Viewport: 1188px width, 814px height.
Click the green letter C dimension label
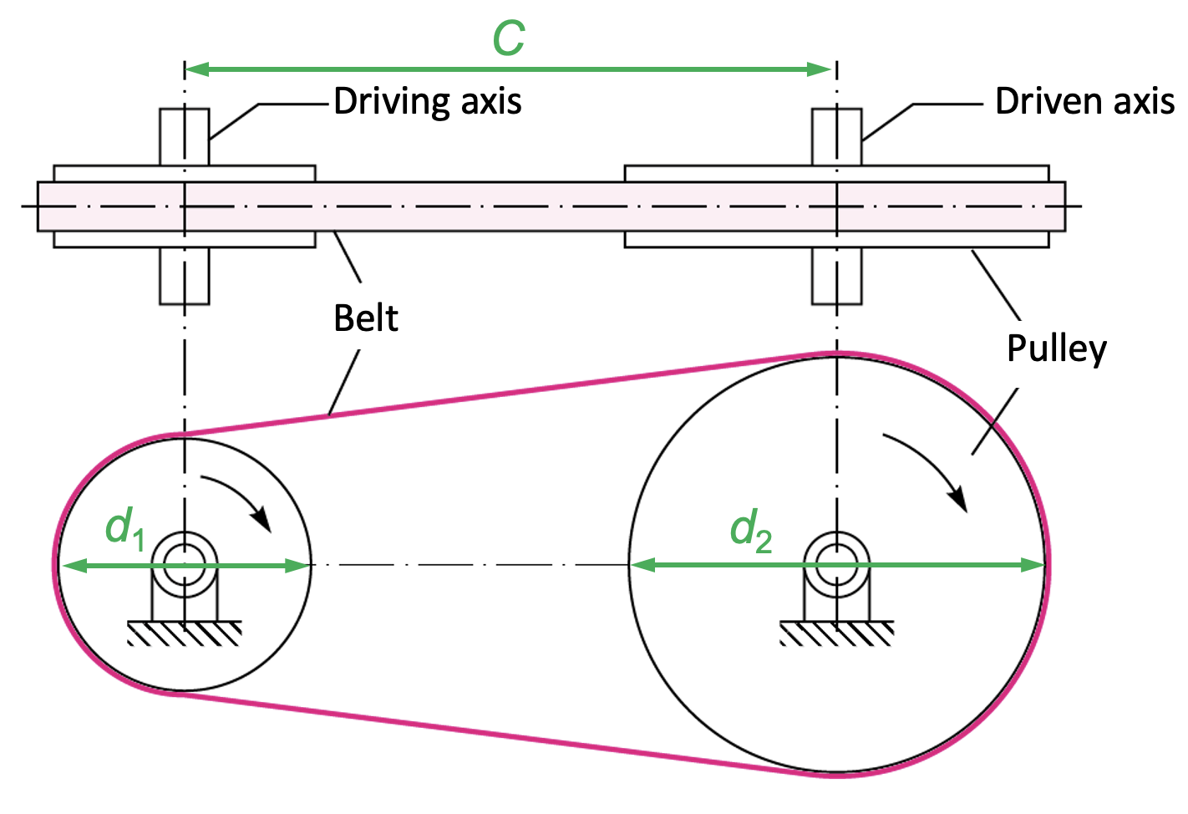tap(509, 38)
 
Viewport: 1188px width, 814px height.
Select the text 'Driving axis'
tap(428, 102)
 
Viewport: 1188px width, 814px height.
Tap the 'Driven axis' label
tap(1084, 102)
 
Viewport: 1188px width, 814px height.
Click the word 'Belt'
tap(366, 318)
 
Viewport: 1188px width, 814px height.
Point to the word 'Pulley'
tap(1057, 348)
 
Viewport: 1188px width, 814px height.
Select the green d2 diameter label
tap(750, 531)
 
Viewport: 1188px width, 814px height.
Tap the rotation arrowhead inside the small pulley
tap(263, 519)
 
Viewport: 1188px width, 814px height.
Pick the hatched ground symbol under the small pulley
tap(185, 633)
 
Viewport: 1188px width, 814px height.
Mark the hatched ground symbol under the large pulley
tap(837, 633)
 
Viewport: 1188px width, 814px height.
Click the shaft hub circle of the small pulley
tap(185, 564)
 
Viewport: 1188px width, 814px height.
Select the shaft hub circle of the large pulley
tap(837, 564)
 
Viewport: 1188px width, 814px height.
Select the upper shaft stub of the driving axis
tap(185, 135)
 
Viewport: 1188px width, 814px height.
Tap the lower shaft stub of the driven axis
tap(837, 276)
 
